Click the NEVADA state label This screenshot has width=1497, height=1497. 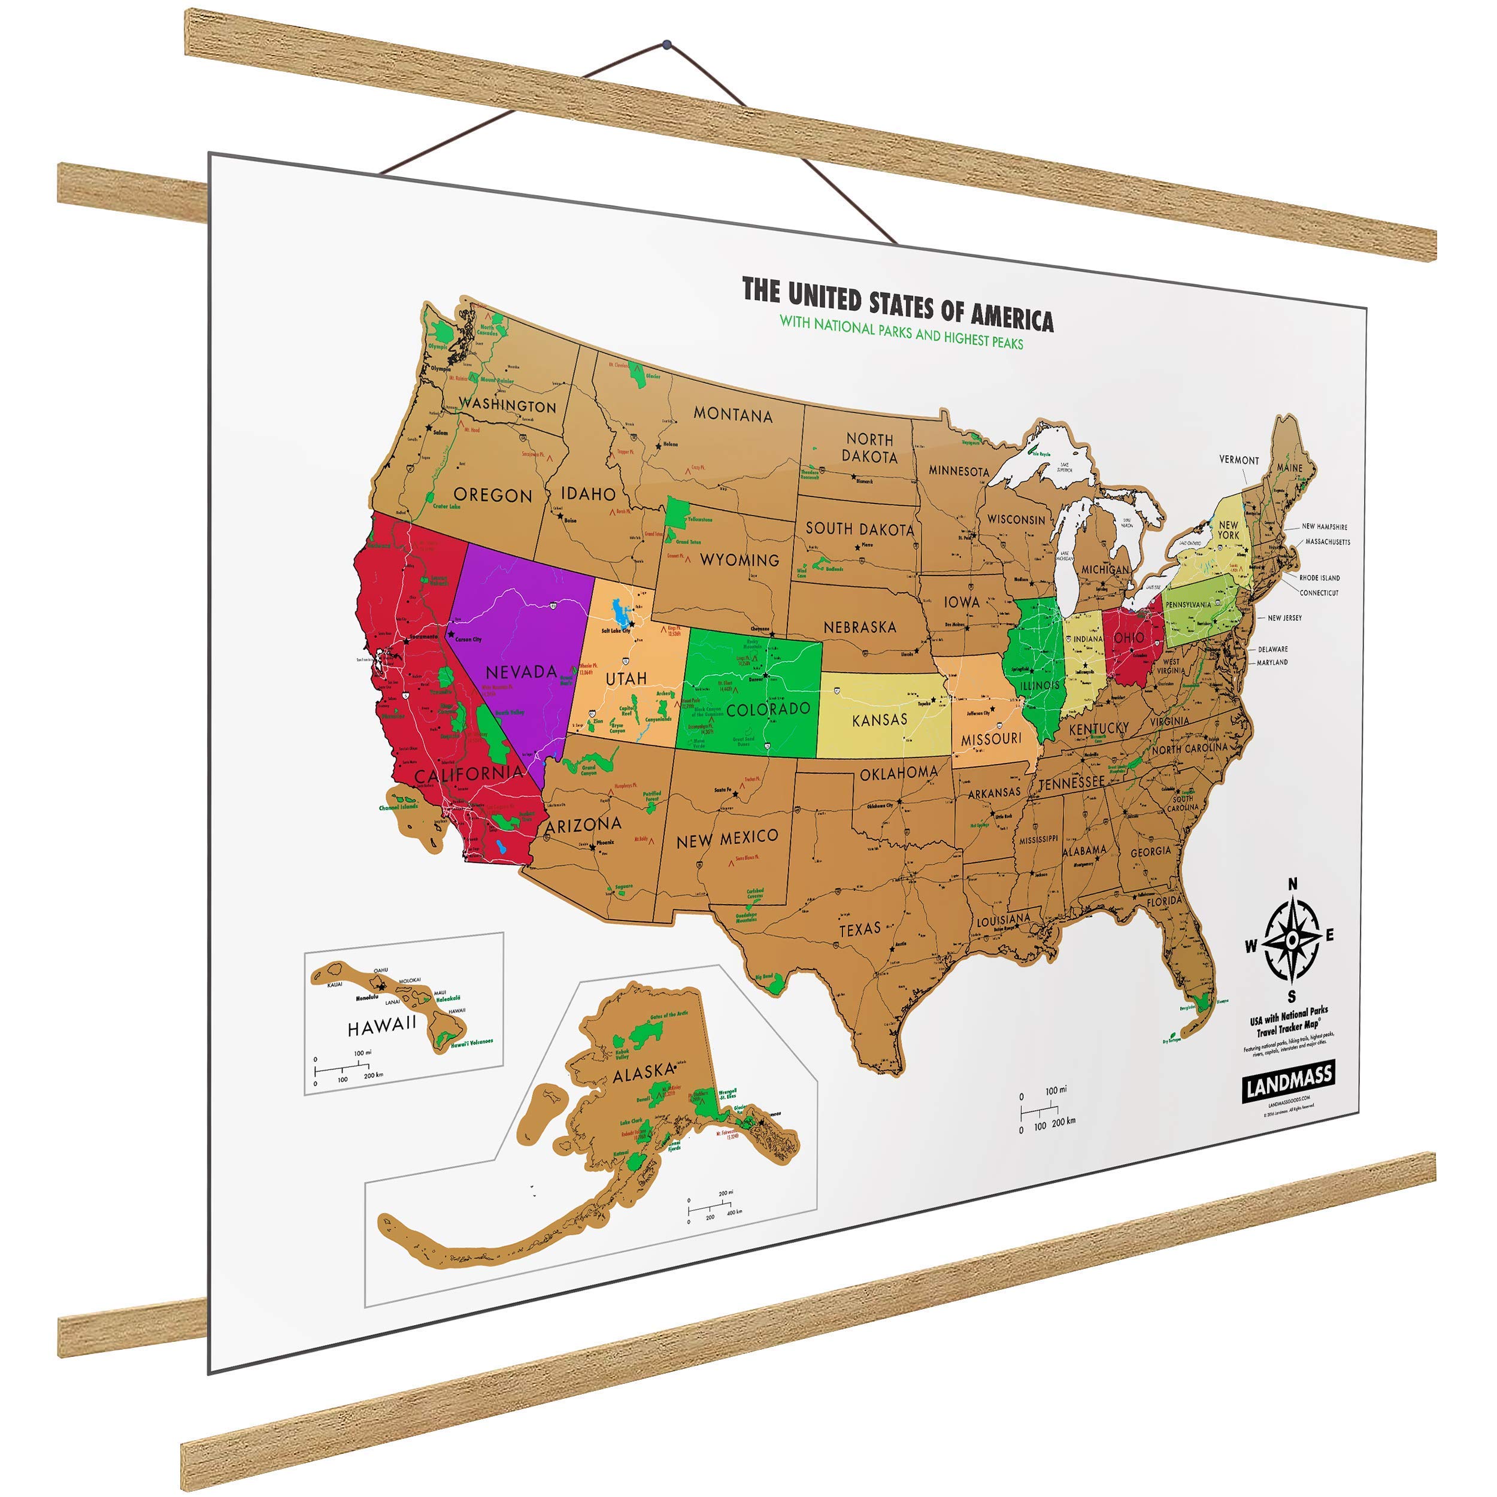(x=521, y=671)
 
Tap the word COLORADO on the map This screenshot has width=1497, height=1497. (x=768, y=709)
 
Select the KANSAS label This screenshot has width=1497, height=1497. (x=880, y=720)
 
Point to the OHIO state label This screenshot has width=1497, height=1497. (x=1128, y=638)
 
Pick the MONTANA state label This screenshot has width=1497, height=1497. (x=732, y=414)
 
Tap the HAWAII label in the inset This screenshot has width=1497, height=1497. (x=382, y=1026)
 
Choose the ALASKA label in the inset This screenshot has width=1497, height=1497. (x=643, y=1073)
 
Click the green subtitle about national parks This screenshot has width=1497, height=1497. (x=901, y=332)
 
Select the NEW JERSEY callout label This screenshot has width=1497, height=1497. (x=1284, y=617)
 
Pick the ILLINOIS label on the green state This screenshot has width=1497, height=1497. (x=1040, y=686)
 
